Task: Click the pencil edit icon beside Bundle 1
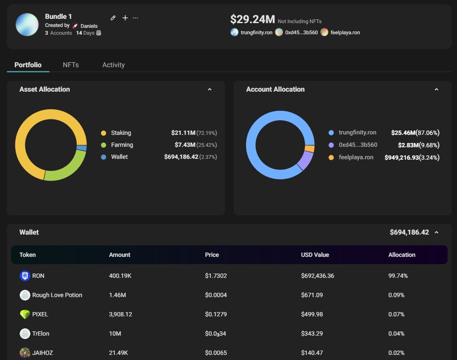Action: [x=113, y=18]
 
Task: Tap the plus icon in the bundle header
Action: [x=125, y=18]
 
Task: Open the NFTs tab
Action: [x=71, y=65]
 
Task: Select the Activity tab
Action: [x=113, y=65]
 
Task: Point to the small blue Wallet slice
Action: [x=82, y=148]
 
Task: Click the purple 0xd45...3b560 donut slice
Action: [x=306, y=161]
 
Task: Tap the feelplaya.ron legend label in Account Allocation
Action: [x=356, y=158]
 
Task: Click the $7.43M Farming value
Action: [x=185, y=145]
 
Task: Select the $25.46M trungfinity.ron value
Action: [x=404, y=133]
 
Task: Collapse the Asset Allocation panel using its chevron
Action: [x=210, y=89]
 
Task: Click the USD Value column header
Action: [x=315, y=255]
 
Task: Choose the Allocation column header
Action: [x=402, y=255]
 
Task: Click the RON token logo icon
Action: [x=25, y=276]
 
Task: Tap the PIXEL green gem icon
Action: [x=25, y=314]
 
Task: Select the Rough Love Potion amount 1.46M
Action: [x=117, y=295]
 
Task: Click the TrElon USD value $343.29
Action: [x=312, y=333]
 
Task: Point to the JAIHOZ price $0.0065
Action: [x=216, y=353]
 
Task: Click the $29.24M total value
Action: [x=252, y=19]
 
